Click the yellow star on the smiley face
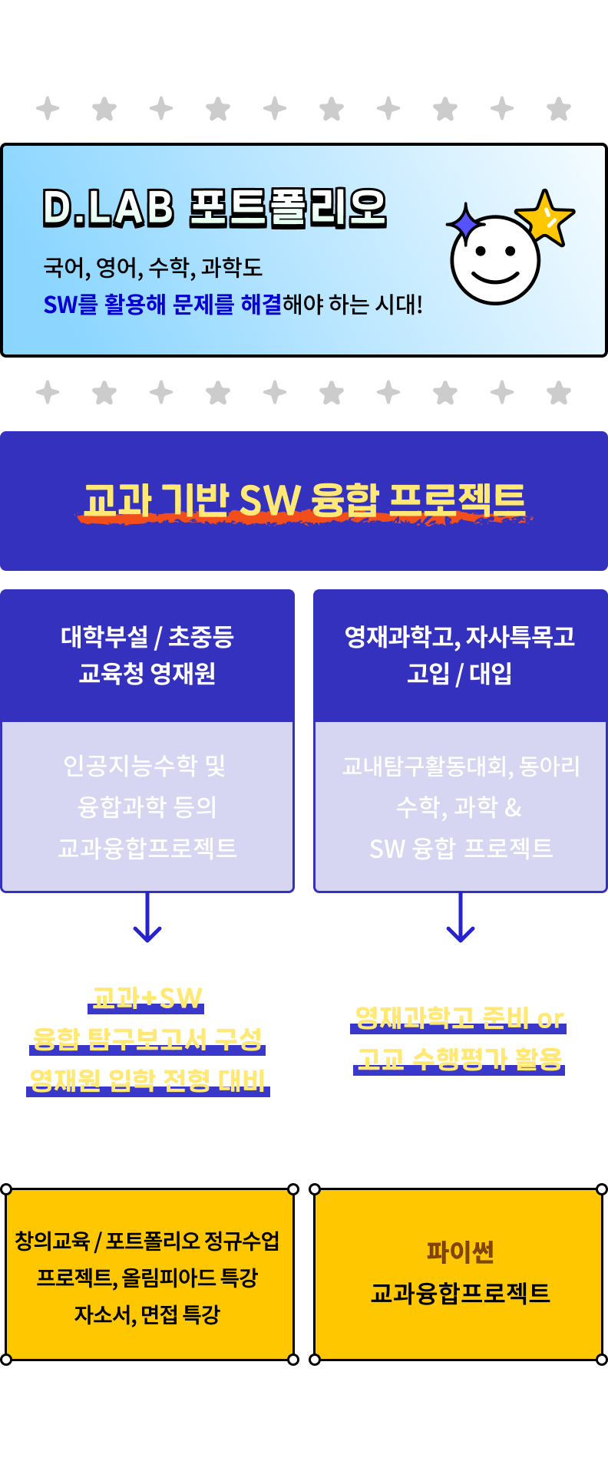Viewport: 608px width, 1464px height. [545, 217]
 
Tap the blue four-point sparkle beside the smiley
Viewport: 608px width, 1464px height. [464, 223]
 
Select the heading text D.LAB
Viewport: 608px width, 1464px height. [108, 208]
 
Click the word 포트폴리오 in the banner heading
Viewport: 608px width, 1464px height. [288, 208]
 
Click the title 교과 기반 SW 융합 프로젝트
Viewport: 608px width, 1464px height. [304, 500]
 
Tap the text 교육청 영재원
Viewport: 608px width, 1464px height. [147, 674]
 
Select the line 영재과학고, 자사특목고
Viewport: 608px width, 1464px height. [460, 636]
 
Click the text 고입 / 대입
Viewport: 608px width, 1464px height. [460, 674]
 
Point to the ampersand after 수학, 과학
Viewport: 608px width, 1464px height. [514, 807]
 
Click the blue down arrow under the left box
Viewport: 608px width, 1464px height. [147, 919]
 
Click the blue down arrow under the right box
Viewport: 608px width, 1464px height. [461, 919]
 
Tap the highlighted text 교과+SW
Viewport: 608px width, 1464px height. [147, 997]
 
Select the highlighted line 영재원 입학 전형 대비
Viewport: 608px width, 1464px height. [147, 1080]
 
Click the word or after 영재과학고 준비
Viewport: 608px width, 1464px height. [550, 1019]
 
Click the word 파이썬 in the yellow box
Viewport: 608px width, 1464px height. [461, 1252]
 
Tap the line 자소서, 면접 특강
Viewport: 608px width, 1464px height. [147, 1314]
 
